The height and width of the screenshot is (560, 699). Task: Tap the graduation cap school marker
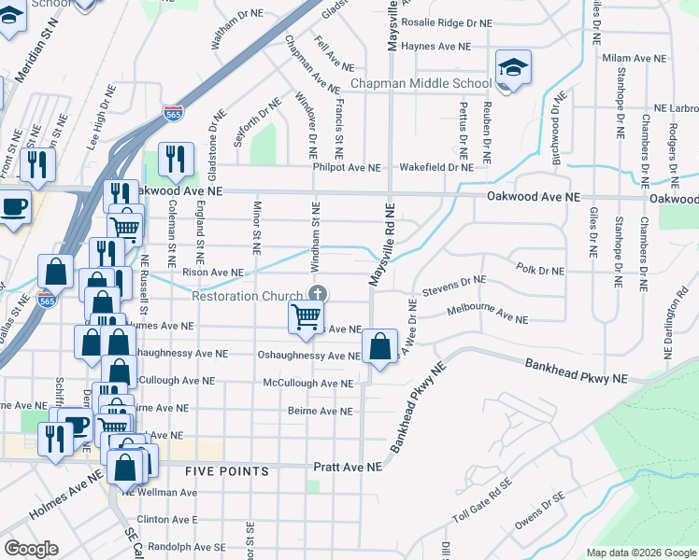513,69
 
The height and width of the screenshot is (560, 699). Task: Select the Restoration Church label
248,296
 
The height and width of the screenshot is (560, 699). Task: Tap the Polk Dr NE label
540,270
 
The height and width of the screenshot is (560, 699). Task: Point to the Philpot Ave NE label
347,168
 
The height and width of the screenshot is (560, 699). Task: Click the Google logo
31,549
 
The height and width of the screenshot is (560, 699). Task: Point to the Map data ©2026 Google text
640,553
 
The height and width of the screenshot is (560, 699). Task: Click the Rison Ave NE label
212,273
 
